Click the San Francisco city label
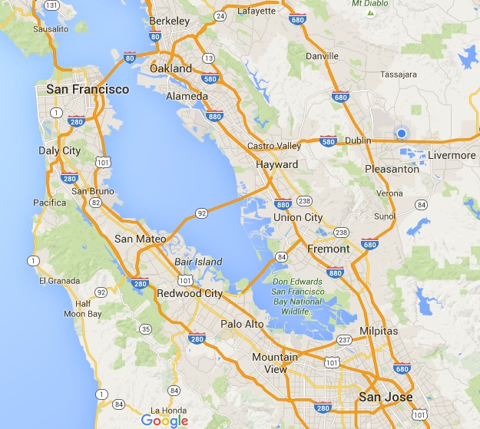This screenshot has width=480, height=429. click(88, 89)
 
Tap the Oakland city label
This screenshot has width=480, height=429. click(171, 68)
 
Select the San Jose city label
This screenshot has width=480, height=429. click(386, 397)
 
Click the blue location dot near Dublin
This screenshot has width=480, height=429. click(401, 134)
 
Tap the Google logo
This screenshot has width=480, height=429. click(164, 420)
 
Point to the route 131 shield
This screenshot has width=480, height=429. click(53, 5)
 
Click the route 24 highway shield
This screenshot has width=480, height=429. click(221, 15)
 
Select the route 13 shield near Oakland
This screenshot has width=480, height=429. click(207, 58)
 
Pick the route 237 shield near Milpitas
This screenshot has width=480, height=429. click(346, 339)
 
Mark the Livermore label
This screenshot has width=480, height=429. click(452, 156)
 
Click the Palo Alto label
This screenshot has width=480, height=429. click(243, 324)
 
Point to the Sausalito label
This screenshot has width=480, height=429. click(52, 31)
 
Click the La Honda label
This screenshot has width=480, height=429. click(170, 410)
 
